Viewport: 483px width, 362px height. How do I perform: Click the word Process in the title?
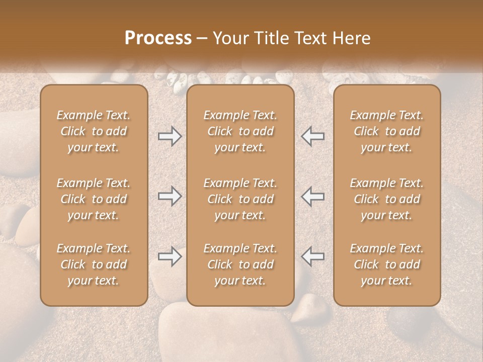pyautogui.click(x=158, y=38)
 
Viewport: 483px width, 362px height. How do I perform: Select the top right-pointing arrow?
pyautogui.click(x=170, y=136)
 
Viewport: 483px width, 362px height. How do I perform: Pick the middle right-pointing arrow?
pyautogui.click(x=170, y=196)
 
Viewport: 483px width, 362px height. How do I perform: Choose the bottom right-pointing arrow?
pyautogui.click(x=170, y=256)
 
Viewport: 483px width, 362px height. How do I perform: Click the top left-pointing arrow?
pyautogui.click(x=313, y=136)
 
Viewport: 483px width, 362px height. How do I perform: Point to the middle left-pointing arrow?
pyautogui.click(x=313, y=196)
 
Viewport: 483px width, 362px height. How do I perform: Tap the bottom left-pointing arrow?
pyautogui.click(x=313, y=256)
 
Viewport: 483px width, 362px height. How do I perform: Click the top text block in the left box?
pyautogui.click(x=94, y=131)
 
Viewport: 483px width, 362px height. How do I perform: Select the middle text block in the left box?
pyautogui.click(x=94, y=199)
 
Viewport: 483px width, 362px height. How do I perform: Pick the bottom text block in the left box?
pyautogui.click(x=94, y=264)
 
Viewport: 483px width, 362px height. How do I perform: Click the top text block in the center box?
pyautogui.click(x=240, y=131)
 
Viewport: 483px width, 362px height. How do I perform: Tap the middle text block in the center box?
pyautogui.click(x=240, y=199)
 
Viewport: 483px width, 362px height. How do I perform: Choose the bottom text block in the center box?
pyautogui.click(x=240, y=264)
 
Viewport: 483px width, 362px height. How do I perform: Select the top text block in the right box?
pyautogui.click(x=386, y=131)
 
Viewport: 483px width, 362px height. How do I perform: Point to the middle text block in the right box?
pyautogui.click(x=386, y=199)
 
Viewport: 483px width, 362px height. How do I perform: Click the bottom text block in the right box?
pyautogui.click(x=386, y=264)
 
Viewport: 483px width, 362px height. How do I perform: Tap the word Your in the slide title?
pyautogui.click(x=230, y=38)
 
